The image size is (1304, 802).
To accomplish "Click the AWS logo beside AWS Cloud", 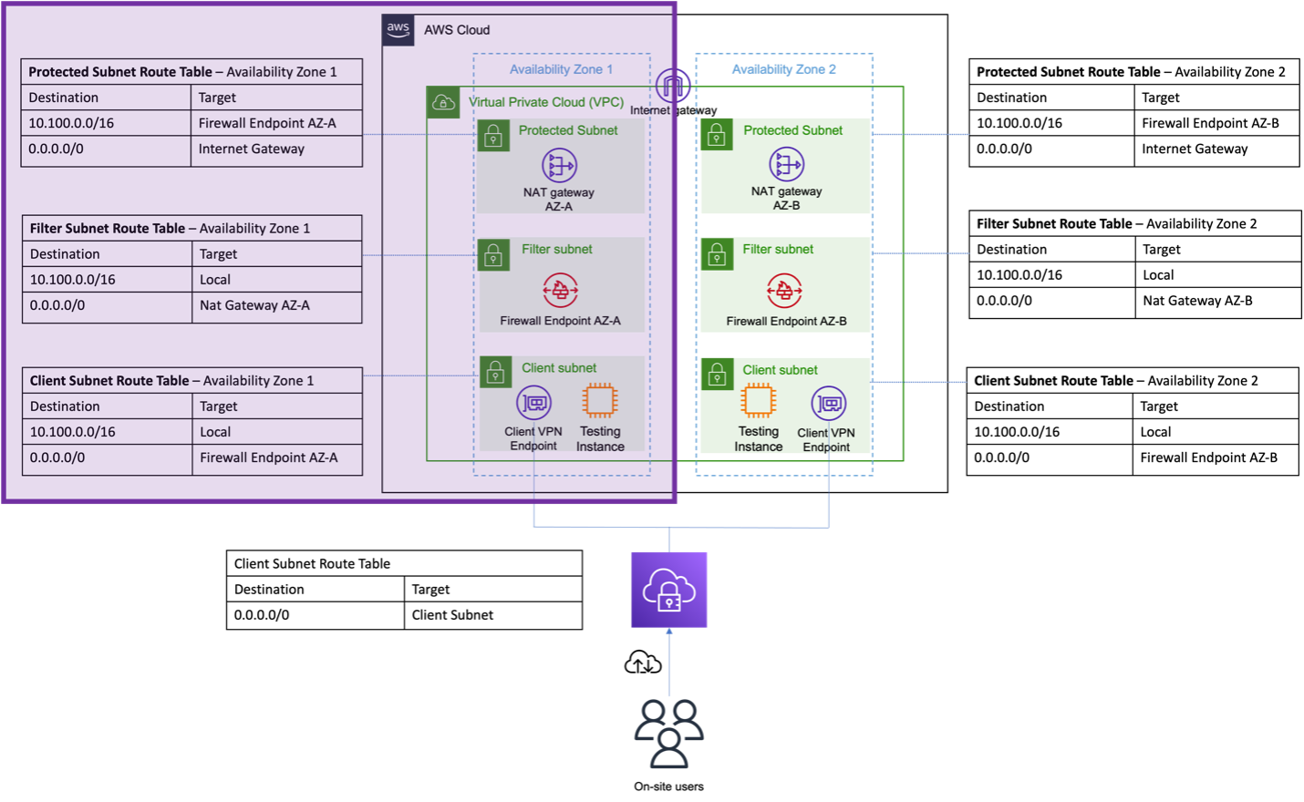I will pos(398,30).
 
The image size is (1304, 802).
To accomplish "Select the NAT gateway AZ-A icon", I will pos(559,166).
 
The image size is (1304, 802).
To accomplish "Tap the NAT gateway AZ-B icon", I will pos(786,165).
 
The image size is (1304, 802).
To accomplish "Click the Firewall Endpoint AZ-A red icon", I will pos(560,291).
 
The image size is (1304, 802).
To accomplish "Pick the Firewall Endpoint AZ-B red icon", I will pos(784,291).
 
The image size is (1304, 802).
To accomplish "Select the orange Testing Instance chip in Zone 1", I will pos(600,400).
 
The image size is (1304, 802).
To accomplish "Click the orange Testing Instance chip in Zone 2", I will pos(758,400).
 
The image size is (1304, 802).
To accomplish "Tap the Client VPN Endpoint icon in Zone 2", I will pos(828,403).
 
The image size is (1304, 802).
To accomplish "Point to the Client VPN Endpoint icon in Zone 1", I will pos(534,402).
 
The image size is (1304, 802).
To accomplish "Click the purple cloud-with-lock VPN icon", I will pos(668,590).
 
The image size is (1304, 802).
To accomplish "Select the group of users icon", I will pos(669,733).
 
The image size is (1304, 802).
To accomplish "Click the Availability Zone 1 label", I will pos(561,69).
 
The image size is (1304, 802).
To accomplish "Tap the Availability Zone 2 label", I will pos(783,69).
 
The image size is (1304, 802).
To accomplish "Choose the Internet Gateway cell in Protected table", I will pos(252,149).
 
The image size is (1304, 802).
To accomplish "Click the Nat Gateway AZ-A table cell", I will pos(254,305).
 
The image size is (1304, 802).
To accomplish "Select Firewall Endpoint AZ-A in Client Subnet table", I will pos(268,458).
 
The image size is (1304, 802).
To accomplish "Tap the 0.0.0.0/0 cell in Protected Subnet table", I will pos(57,149).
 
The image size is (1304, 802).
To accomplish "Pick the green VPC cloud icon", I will pos(443,102).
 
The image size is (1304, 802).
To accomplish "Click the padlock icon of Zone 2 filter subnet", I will pos(717,254).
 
